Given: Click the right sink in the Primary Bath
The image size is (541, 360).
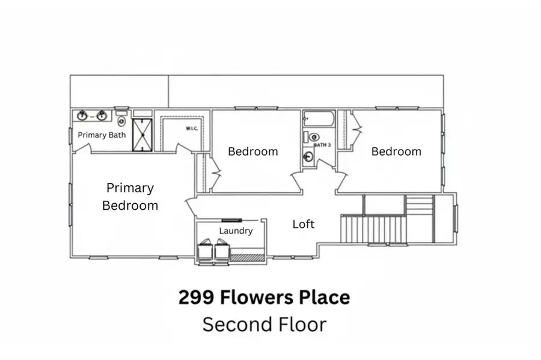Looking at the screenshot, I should click(102, 115).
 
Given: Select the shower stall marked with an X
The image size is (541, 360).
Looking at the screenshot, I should click(142, 135).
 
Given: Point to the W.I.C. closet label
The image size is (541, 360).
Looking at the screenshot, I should click(192, 128).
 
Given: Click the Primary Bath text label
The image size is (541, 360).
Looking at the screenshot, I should click(102, 135).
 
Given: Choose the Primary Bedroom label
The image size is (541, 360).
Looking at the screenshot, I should click(130, 197).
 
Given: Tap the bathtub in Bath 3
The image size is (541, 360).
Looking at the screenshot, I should click(318, 118).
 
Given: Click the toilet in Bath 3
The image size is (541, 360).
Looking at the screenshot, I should click(314, 137).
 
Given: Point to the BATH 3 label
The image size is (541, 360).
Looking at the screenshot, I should click(323, 145).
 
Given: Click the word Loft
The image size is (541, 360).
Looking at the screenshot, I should click(304, 224).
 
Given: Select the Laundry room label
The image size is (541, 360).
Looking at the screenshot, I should click(236, 231).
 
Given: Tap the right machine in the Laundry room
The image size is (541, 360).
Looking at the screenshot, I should click(222, 251).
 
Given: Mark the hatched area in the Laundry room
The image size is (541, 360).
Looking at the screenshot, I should click(248, 258).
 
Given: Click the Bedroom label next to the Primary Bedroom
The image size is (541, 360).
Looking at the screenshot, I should click(252, 151).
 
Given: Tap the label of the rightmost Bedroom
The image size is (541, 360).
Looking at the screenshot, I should click(396, 151).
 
